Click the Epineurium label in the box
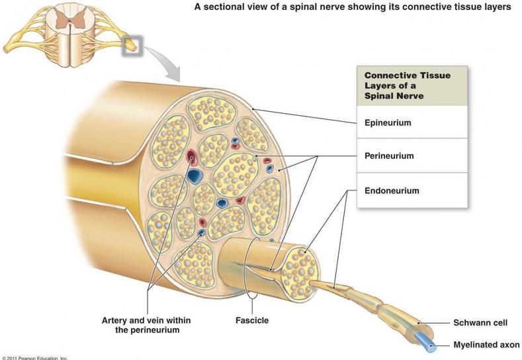point(388,122)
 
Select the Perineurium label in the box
point(389,156)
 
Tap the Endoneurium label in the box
point(392,191)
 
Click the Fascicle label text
point(252,320)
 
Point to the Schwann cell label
point(480,322)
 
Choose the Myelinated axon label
point(486,345)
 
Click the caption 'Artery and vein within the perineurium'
point(146,325)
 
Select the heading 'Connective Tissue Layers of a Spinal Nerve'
point(408,85)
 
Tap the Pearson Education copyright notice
point(34,358)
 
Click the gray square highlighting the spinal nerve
point(132,46)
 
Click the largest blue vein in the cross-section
point(194,175)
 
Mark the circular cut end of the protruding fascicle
point(299,273)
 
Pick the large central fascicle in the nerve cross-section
point(236,175)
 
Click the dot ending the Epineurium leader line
point(253,109)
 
